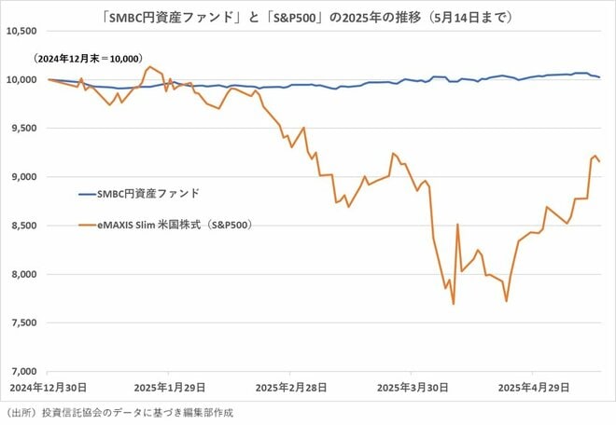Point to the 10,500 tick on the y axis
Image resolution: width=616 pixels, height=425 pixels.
21,31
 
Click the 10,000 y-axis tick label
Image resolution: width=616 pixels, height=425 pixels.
21,79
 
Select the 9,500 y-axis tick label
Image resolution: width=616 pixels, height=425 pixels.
23,128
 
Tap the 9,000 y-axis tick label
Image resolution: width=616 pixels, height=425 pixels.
23,176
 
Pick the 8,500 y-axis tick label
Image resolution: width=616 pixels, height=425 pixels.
23,225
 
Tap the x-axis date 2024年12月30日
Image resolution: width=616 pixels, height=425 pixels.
48,385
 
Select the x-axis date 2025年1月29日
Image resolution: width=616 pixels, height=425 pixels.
169,385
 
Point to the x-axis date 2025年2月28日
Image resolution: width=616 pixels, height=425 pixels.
290,385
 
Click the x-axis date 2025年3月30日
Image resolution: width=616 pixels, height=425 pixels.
412,385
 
